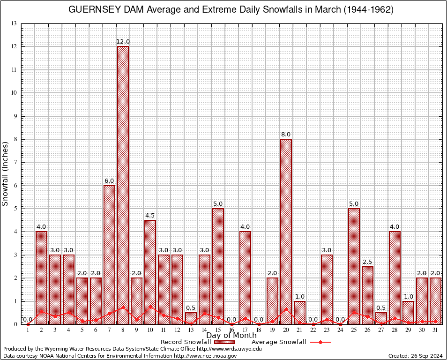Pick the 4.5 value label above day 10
coord(150,216)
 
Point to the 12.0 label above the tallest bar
coord(123,42)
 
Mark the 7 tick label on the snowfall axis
coord(15,162)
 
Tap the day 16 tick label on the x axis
coord(231,330)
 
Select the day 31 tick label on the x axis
coord(435,330)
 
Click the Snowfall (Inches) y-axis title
coord(6,173)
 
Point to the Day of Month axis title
coord(231,336)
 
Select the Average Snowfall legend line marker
coord(320,342)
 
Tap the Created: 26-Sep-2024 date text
coord(415,356)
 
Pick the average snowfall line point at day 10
coord(150,307)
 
